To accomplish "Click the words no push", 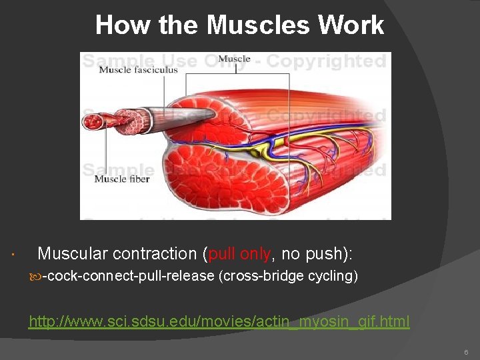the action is point(312,254).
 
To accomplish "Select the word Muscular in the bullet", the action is point(72,254).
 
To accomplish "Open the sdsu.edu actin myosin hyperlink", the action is point(219,322).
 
